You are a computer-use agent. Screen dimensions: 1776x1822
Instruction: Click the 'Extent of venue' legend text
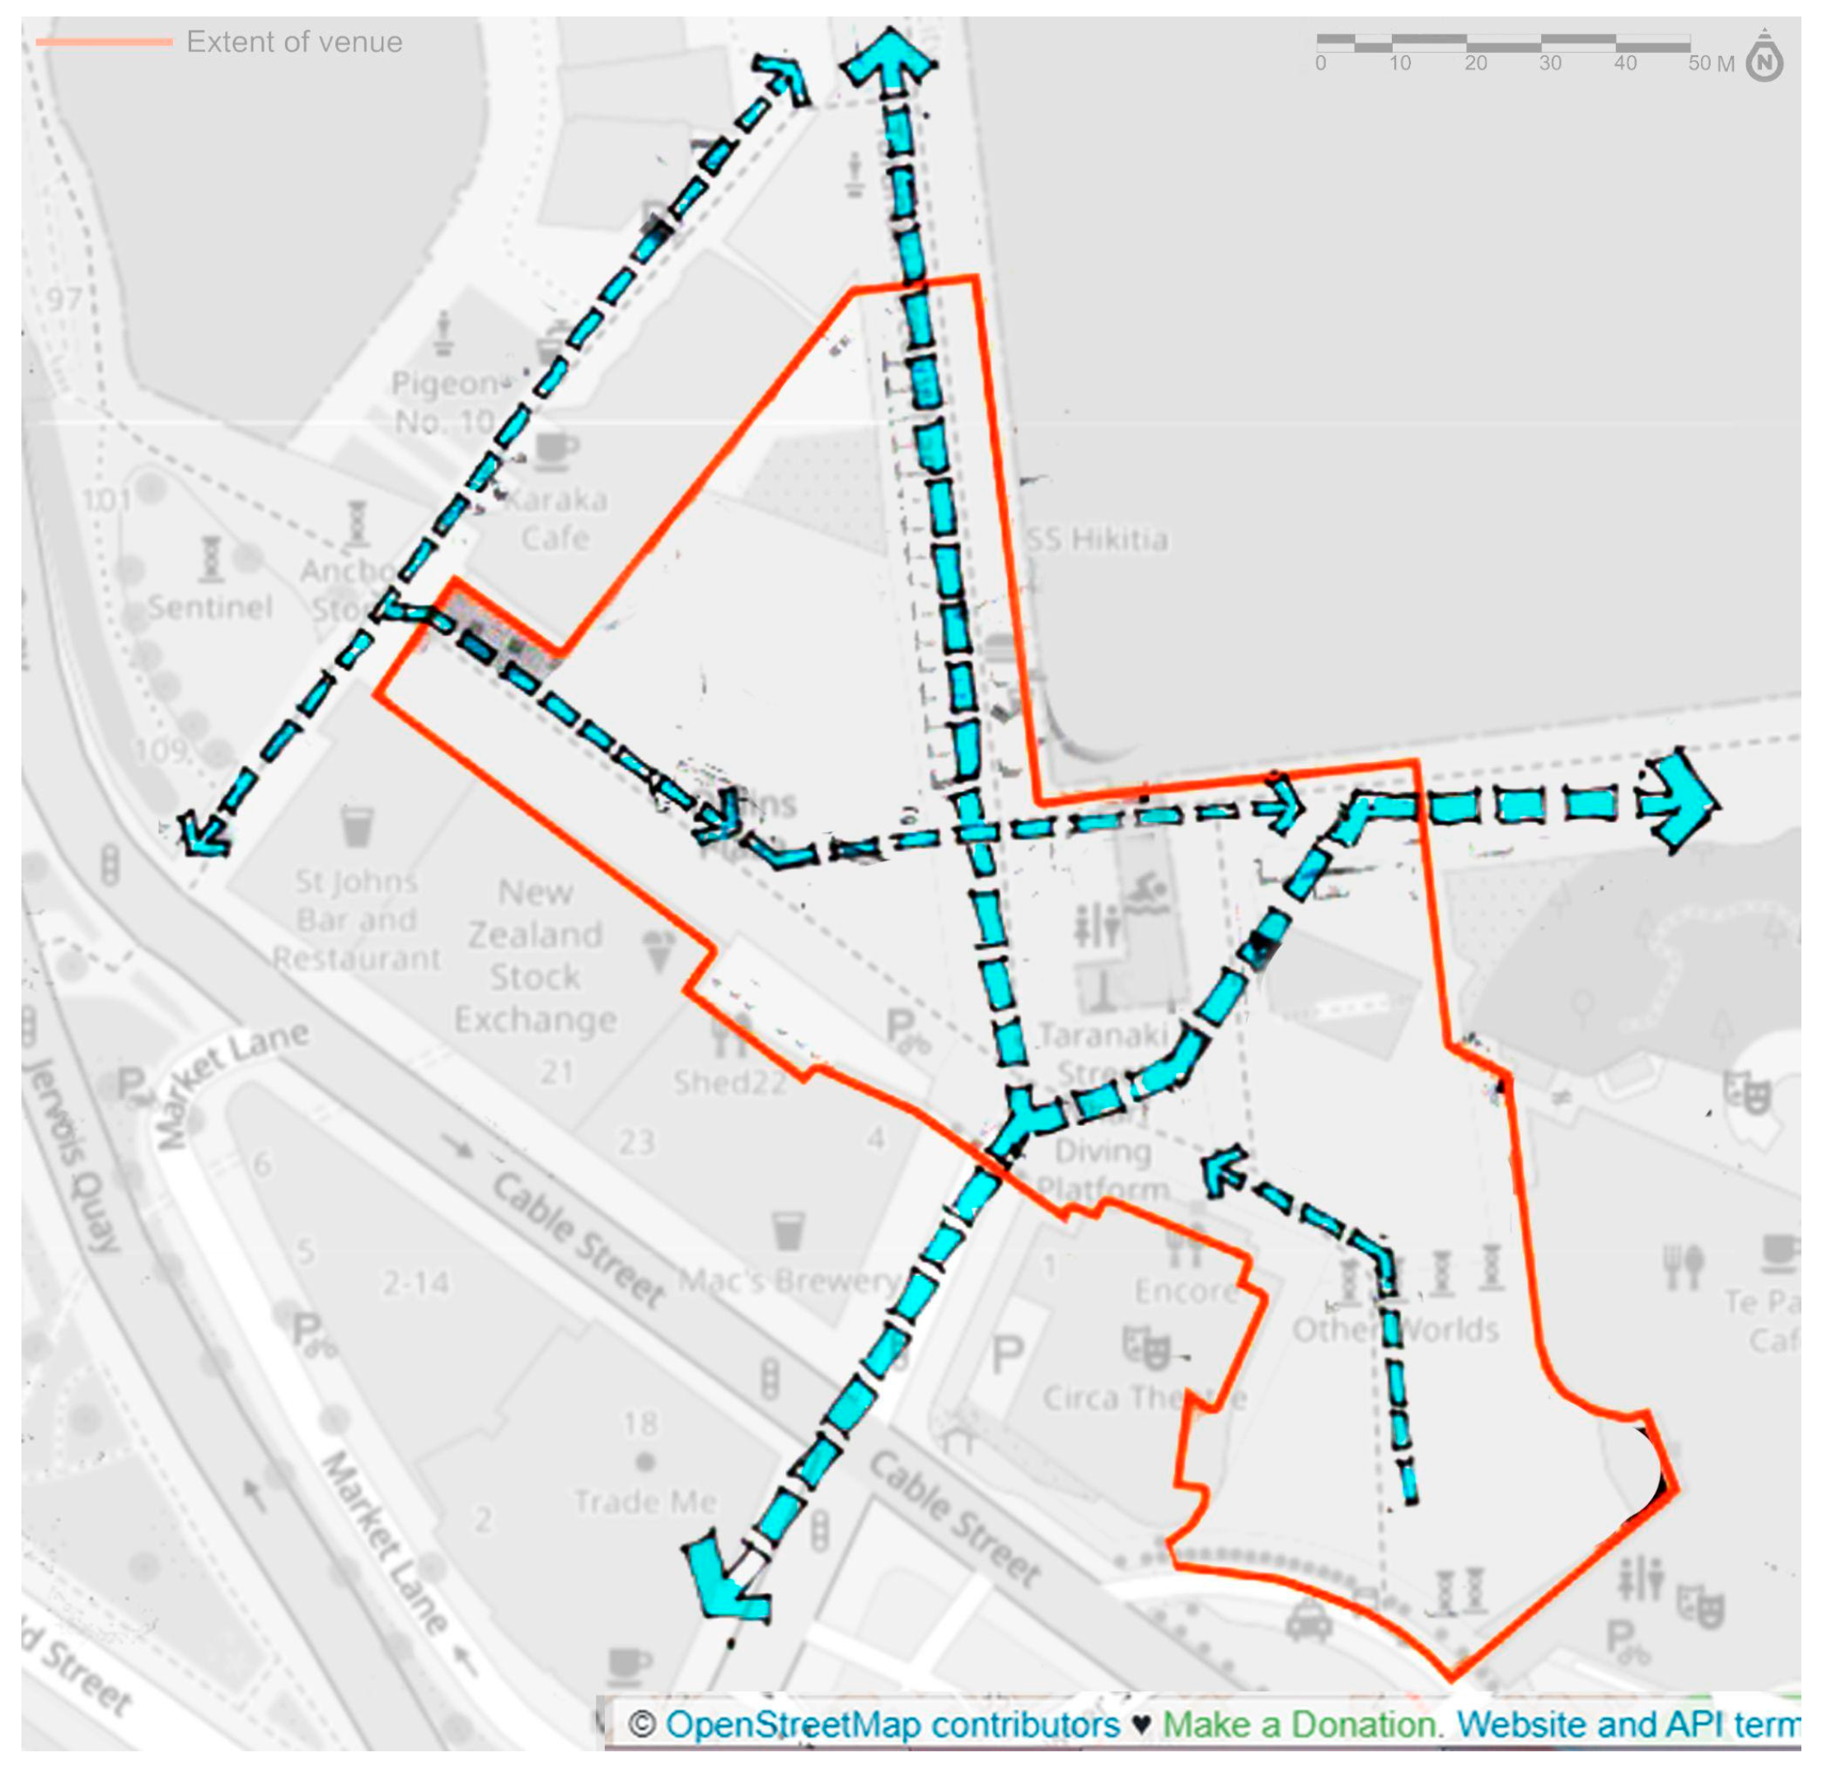294,42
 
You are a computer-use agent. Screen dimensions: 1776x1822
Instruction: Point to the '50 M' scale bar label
1710,63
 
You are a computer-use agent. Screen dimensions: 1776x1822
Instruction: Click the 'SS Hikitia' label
1095,539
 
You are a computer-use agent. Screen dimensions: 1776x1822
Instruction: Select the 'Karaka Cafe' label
556,519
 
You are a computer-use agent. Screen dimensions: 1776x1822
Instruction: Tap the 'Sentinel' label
210,607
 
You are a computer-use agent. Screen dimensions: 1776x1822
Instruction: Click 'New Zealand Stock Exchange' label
535,956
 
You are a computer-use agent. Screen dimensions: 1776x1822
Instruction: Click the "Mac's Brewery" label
789,1282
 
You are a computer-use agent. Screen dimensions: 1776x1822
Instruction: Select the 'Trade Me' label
644,1502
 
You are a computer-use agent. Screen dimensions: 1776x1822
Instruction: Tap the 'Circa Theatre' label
1144,1397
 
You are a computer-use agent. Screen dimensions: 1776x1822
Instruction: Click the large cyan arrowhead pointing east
1684,802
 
